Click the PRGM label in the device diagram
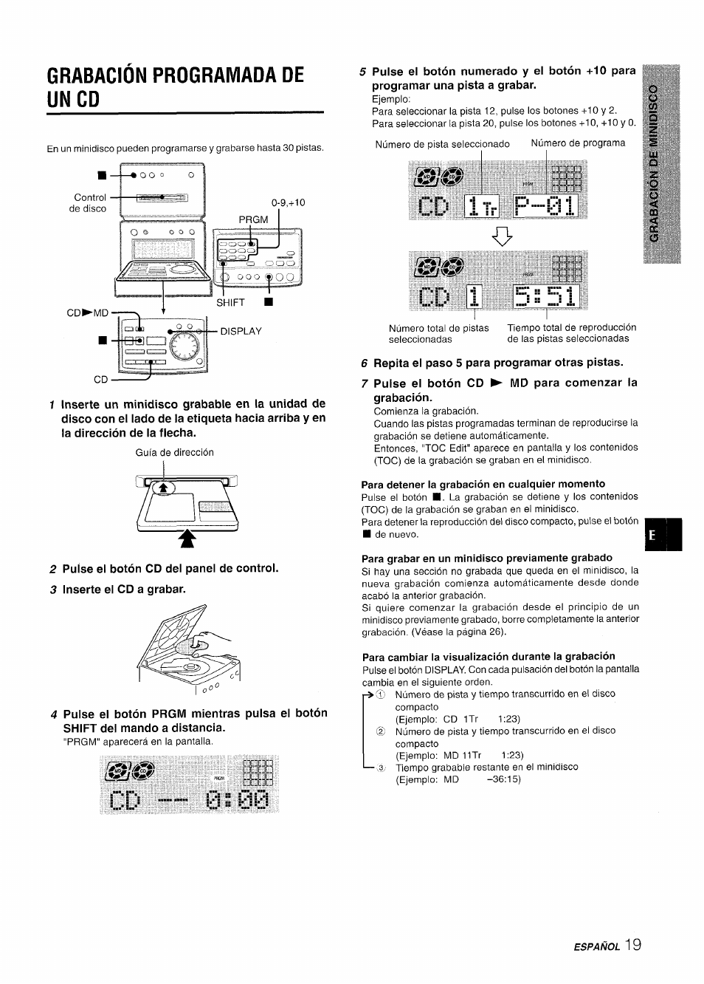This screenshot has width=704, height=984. point(253,219)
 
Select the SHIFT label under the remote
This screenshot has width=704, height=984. point(230,302)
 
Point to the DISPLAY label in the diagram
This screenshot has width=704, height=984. point(241,331)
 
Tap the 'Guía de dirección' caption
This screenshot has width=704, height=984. point(175,452)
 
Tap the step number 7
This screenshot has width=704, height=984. point(365,383)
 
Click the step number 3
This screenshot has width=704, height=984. point(52,589)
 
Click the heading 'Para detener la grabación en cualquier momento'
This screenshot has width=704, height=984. point(483,484)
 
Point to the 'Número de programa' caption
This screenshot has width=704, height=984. point(578,143)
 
